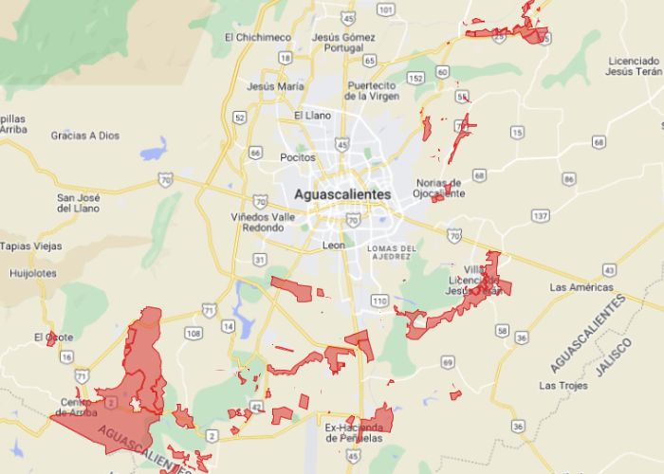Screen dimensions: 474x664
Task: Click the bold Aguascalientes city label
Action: click(342, 193)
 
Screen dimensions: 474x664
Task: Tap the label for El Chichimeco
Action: click(257, 37)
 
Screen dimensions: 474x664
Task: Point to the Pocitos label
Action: click(297, 156)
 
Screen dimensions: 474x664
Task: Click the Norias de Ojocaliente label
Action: click(439, 188)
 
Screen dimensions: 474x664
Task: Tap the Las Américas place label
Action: click(577, 286)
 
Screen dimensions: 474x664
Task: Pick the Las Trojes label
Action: click(560, 385)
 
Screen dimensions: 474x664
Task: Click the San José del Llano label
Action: click(80, 202)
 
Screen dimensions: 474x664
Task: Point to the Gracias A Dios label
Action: click(85, 136)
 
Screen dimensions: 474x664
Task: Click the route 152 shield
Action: click(415, 77)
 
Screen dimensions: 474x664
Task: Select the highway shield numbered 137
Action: click(540, 216)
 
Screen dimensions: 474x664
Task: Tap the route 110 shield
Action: click(380, 301)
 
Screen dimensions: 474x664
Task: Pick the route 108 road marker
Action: click(194, 333)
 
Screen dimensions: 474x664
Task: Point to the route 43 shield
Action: click(607, 270)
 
